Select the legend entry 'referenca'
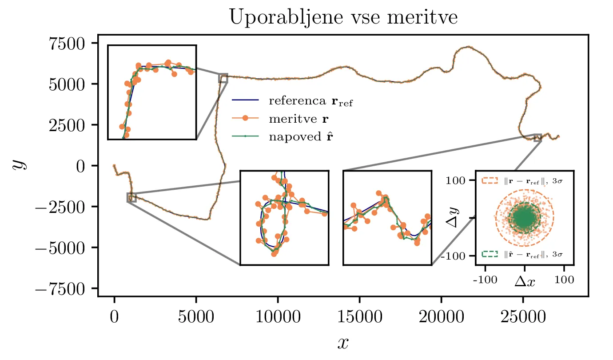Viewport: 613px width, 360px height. pyautogui.click(x=311, y=101)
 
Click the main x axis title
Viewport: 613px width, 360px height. pyautogui.click(x=343, y=342)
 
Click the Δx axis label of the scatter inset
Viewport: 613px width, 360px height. pyautogui.click(x=525, y=281)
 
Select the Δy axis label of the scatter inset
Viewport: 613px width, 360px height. pyautogui.click(x=453, y=218)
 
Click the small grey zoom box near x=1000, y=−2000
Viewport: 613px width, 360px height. pyautogui.click(x=131, y=197)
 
